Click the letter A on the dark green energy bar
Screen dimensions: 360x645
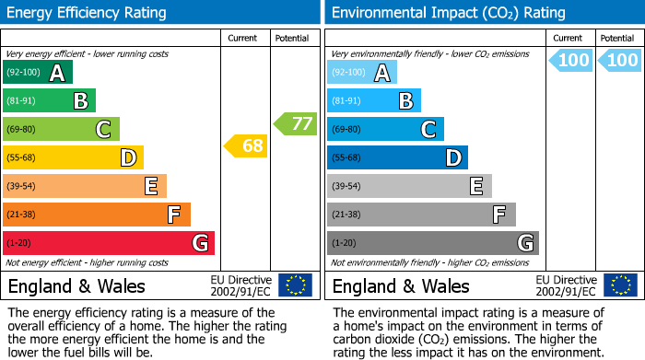(x=57, y=73)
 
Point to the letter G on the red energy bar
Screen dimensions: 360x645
(x=199, y=243)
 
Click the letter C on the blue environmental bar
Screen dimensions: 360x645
(x=428, y=130)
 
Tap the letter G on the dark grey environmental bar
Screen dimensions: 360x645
(x=524, y=243)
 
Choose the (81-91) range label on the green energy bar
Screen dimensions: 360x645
(x=23, y=101)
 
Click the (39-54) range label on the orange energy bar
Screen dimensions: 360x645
(x=23, y=187)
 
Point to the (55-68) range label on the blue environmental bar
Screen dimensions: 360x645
(x=347, y=158)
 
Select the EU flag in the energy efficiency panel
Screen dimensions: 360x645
(x=295, y=285)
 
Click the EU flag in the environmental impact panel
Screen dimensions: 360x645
(x=619, y=285)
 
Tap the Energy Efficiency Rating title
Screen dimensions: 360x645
(x=88, y=13)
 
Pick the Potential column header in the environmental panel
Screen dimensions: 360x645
(x=617, y=38)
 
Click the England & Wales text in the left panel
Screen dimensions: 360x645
(x=76, y=285)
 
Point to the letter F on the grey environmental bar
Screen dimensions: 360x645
(x=499, y=215)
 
